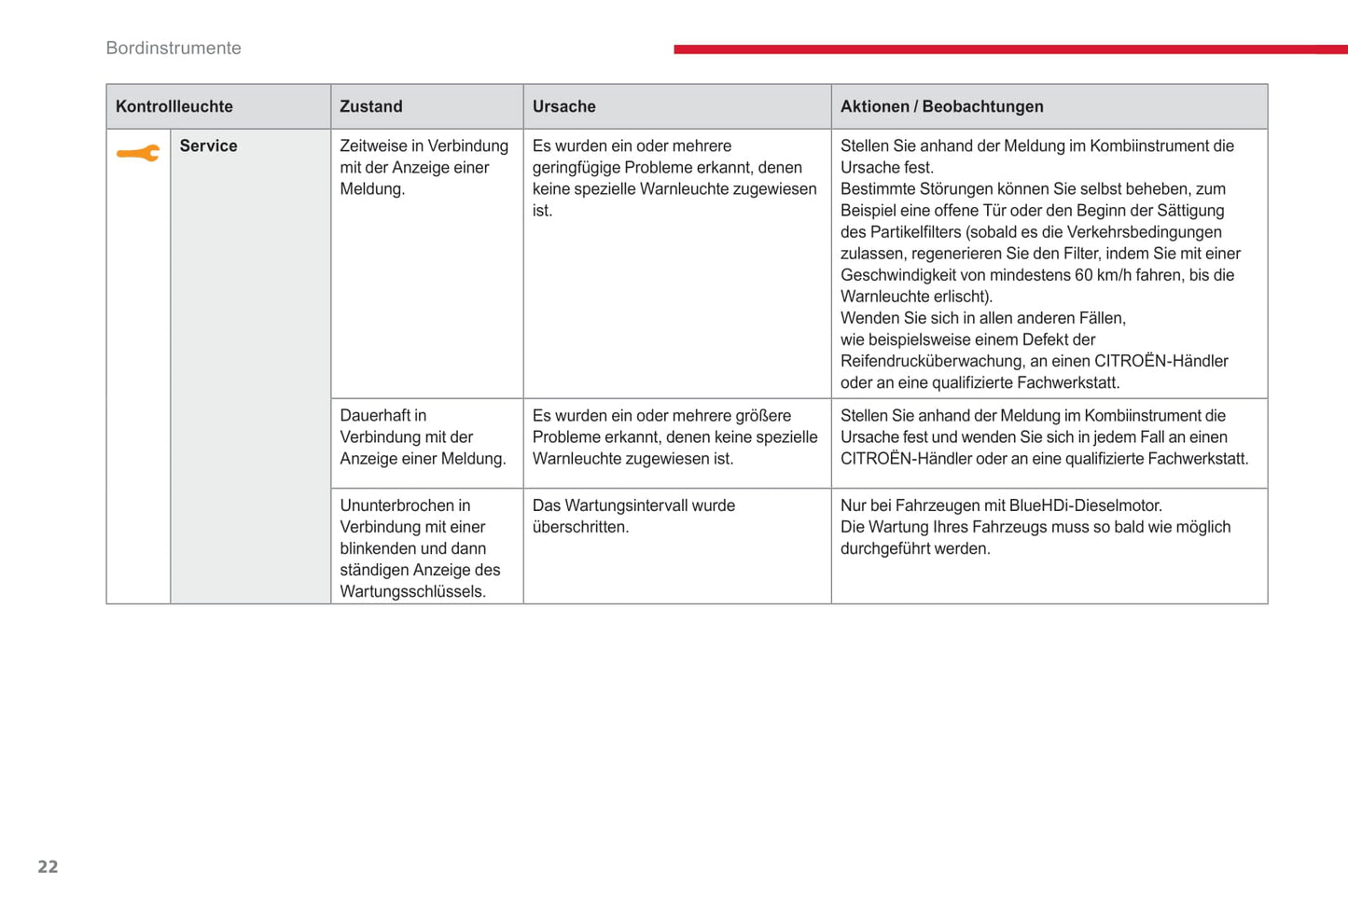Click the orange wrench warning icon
[x=138, y=154]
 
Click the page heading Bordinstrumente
[x=174, y=48]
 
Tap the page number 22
[x=48, y=867]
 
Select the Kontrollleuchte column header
[x=174, y=107]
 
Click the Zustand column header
[x=371, y=107]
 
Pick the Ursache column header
[x=563, y=107]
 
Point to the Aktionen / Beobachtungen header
[x=941, y=107]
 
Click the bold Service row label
[x=208, y=146]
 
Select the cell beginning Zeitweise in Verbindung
[x=424, y=168]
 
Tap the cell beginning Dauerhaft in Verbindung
[x=423, y=437]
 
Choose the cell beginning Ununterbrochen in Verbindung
[x=420, y=548]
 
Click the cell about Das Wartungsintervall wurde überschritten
[x=633, y=517]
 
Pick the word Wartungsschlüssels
[x=412, y=592]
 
